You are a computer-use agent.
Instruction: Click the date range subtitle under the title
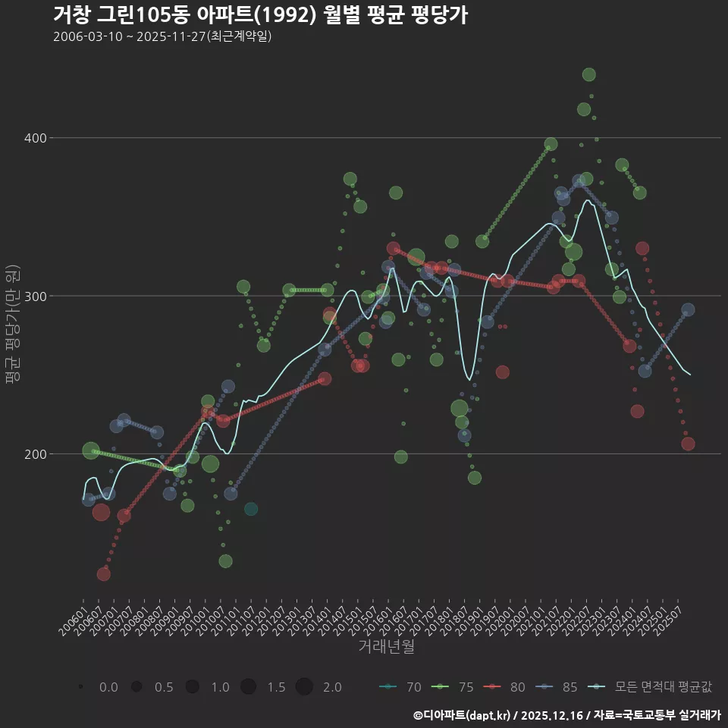point(162,37)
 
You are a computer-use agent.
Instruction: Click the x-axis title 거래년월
point(386,647)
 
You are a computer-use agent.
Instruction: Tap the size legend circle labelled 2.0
point(304,687)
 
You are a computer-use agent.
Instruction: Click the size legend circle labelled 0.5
point(136,687)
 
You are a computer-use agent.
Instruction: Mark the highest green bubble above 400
point(588,74)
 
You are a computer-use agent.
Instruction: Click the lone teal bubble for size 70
point(251,509)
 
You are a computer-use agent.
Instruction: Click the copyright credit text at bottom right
point(567,715)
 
